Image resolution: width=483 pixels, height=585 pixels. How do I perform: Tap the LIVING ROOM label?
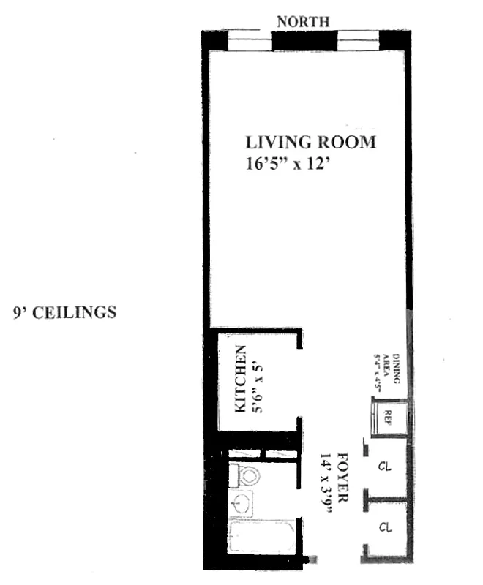(x=310, y=142)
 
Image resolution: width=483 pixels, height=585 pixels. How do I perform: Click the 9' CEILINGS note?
(x=64, y=312)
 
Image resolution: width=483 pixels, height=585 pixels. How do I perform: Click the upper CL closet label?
(x=383, y=465)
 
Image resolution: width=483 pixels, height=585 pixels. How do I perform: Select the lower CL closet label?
(x=383, y=526)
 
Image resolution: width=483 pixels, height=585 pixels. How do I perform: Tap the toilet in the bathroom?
(x=246, y=476)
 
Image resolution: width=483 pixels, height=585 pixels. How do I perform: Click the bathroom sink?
(x=241, y=505)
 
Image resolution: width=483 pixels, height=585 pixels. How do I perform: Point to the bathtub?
(x=260, y=539)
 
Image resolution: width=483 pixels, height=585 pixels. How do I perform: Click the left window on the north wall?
(x=249, y=42)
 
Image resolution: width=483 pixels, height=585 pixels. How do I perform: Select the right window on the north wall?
(x=356, y=42)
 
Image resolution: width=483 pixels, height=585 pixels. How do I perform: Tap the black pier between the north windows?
(x=303, y=41)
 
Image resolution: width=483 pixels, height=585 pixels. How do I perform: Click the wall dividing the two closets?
(x=386, y=499)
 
